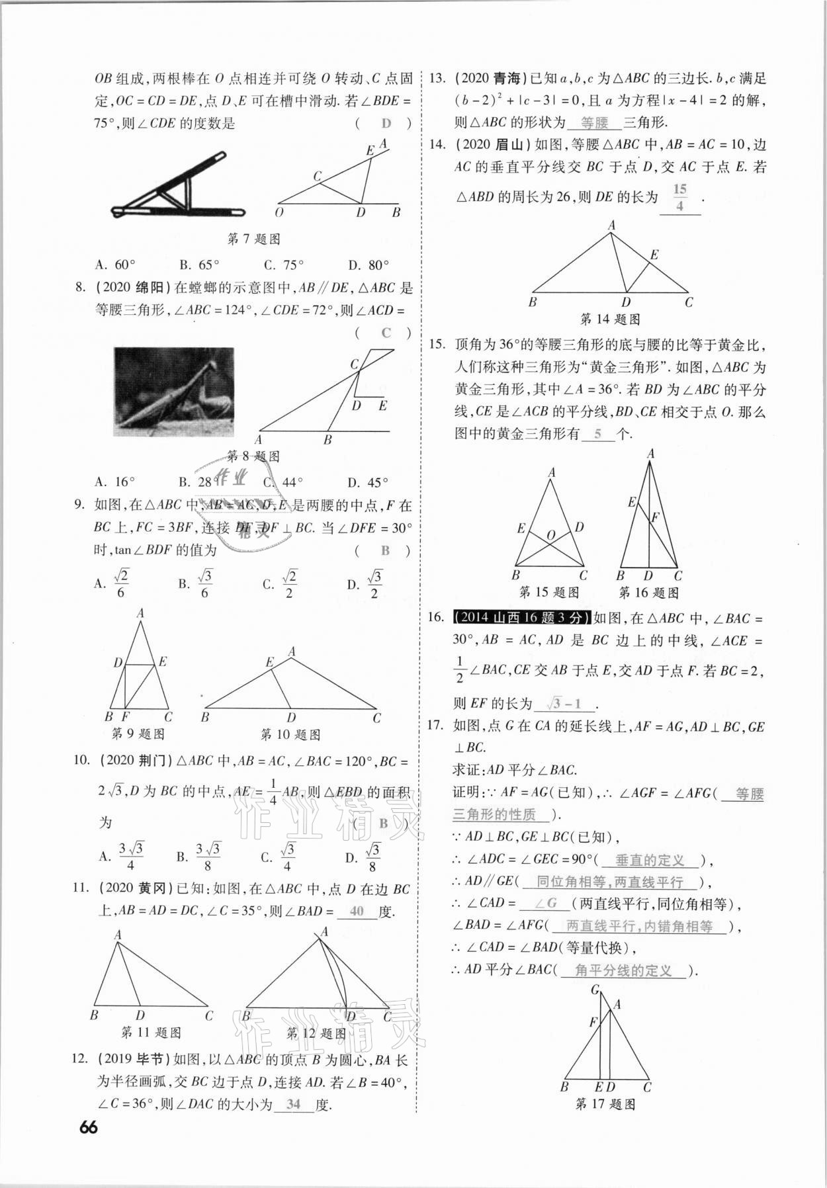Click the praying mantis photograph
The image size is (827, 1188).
click(x=174, y=392)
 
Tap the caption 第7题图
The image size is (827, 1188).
click(x=253, y=239)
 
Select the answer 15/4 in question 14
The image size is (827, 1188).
click(x=679, y=198)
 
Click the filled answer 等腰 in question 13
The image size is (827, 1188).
click(x=594, y=122)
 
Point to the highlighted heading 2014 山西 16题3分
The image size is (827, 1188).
click(x=521, y=618)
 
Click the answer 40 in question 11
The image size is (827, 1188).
click(x=357, y=911)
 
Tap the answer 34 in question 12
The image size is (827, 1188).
click(x=293, y=1104)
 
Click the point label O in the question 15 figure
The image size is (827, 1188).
click(x=550, y=534)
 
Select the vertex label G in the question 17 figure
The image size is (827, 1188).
click(x=595, y=990)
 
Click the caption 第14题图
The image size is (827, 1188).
click(x=609, y=319)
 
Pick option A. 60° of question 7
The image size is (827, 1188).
click(x=115, y=265)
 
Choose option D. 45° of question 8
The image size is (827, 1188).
click(x=368, y=482)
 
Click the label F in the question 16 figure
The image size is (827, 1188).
click(x=655, y=517)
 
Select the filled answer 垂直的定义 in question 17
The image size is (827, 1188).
click(x=649, y=860)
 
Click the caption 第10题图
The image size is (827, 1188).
click(x=290, y=734)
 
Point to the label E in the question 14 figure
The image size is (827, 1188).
click(x=654, y=255)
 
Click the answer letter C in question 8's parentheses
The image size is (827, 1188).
click(x=386, y=333)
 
